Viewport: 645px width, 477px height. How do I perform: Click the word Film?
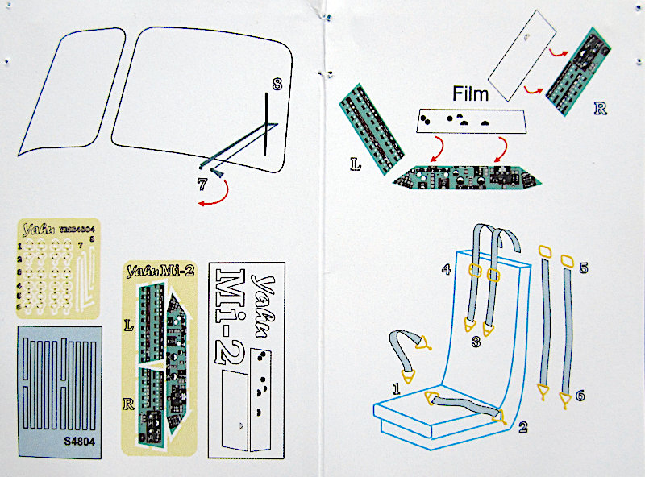470,94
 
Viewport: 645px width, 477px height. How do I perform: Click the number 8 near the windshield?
277,84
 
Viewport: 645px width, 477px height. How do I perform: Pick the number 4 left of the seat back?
444,268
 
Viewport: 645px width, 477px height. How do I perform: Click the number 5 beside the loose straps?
583,267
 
